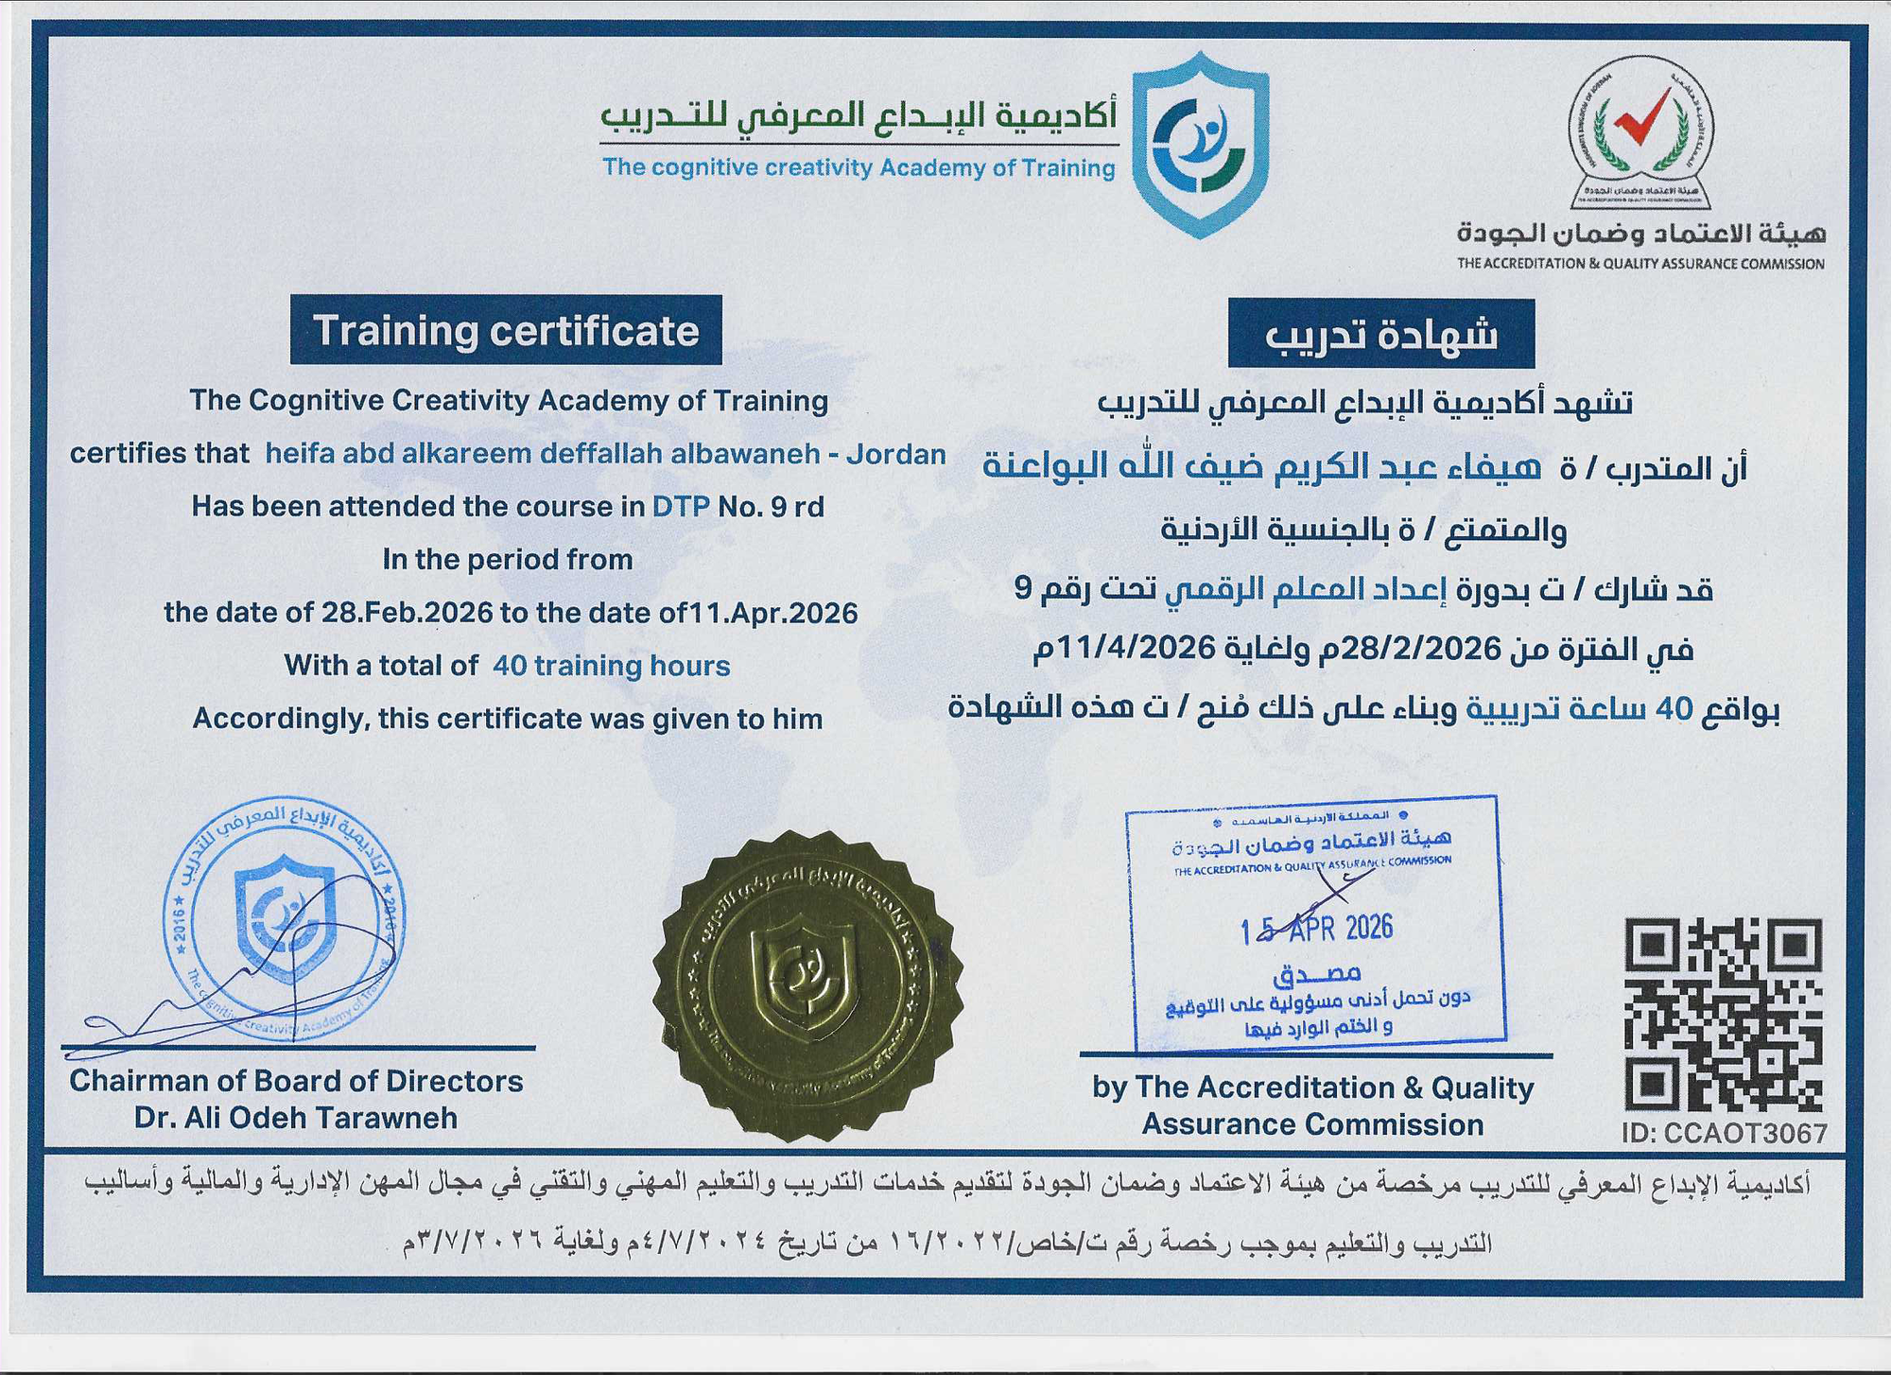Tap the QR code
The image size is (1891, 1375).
coord(1723,1014)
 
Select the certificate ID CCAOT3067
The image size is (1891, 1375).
coord(1724,1133)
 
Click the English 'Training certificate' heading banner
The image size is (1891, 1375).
coord(506,331)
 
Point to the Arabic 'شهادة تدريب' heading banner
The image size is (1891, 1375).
coord(1380,334)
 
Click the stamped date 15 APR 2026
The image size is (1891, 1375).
coord(1316,930)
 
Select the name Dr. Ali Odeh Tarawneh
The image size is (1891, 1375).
coord(296,1118)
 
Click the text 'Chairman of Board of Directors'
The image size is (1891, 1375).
coord(296,1081)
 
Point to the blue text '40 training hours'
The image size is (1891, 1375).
coord(611,666)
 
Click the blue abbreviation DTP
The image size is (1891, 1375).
coord(681,507)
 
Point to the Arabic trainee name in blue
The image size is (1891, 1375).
coord(1262,466)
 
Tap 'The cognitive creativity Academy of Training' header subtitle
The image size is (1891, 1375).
coord(859,168)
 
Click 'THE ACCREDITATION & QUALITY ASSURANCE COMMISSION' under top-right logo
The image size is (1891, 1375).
coord(1640,264)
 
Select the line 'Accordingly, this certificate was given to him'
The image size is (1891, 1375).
coord(508,719)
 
